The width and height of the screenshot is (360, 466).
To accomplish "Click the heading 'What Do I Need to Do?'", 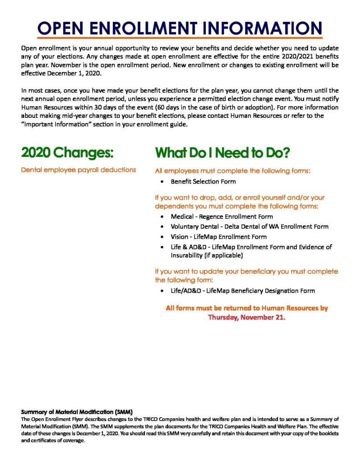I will pos(223,153).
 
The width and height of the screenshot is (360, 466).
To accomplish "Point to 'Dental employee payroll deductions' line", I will pos(78,170).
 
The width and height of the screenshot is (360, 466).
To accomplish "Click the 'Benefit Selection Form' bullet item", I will pos(203,182).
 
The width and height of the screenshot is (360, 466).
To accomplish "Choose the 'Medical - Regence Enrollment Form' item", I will pos(222,217).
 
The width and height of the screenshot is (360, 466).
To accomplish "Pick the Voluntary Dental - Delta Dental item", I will pos(249,226).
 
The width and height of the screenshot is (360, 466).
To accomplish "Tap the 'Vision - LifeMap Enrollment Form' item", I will pos(218,237).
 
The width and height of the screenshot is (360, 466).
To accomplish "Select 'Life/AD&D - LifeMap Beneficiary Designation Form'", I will pos(243,290).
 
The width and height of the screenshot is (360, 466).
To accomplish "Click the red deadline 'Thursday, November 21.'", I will pos(247,318).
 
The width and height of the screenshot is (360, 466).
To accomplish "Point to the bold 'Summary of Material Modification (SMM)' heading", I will pos(77,412).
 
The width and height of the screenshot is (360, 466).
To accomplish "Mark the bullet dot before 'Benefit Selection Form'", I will pos(162,182).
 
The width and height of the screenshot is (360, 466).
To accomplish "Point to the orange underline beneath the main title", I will pos(180,38).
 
